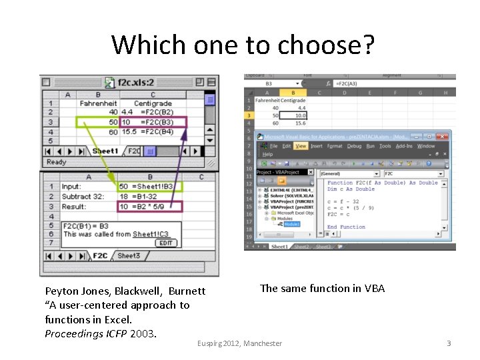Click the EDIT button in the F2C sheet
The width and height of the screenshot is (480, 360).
(x=165, y=243)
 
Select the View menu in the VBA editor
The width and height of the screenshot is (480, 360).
(x=301, y=146)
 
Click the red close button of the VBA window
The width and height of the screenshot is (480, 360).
(x=447, y=135)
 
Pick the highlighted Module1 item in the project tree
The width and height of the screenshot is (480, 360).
(x=292, y=225)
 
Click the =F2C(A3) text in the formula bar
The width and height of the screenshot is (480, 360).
(x=349, y=83)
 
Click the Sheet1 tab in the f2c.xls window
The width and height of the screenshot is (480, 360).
(x=105, y=151)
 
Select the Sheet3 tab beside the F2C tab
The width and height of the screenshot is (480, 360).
(x=129, y=256)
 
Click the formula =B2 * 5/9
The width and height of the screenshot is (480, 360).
(x=149, y=207)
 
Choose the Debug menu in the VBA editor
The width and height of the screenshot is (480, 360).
(x=354, y=146)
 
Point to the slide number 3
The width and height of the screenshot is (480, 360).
(x=449, y=343)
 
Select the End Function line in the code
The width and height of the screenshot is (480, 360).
(x=346, y=227)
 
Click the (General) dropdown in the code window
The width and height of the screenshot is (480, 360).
(x=353, y=173)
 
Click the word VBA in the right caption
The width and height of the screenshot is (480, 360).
(x=374, y=288)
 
